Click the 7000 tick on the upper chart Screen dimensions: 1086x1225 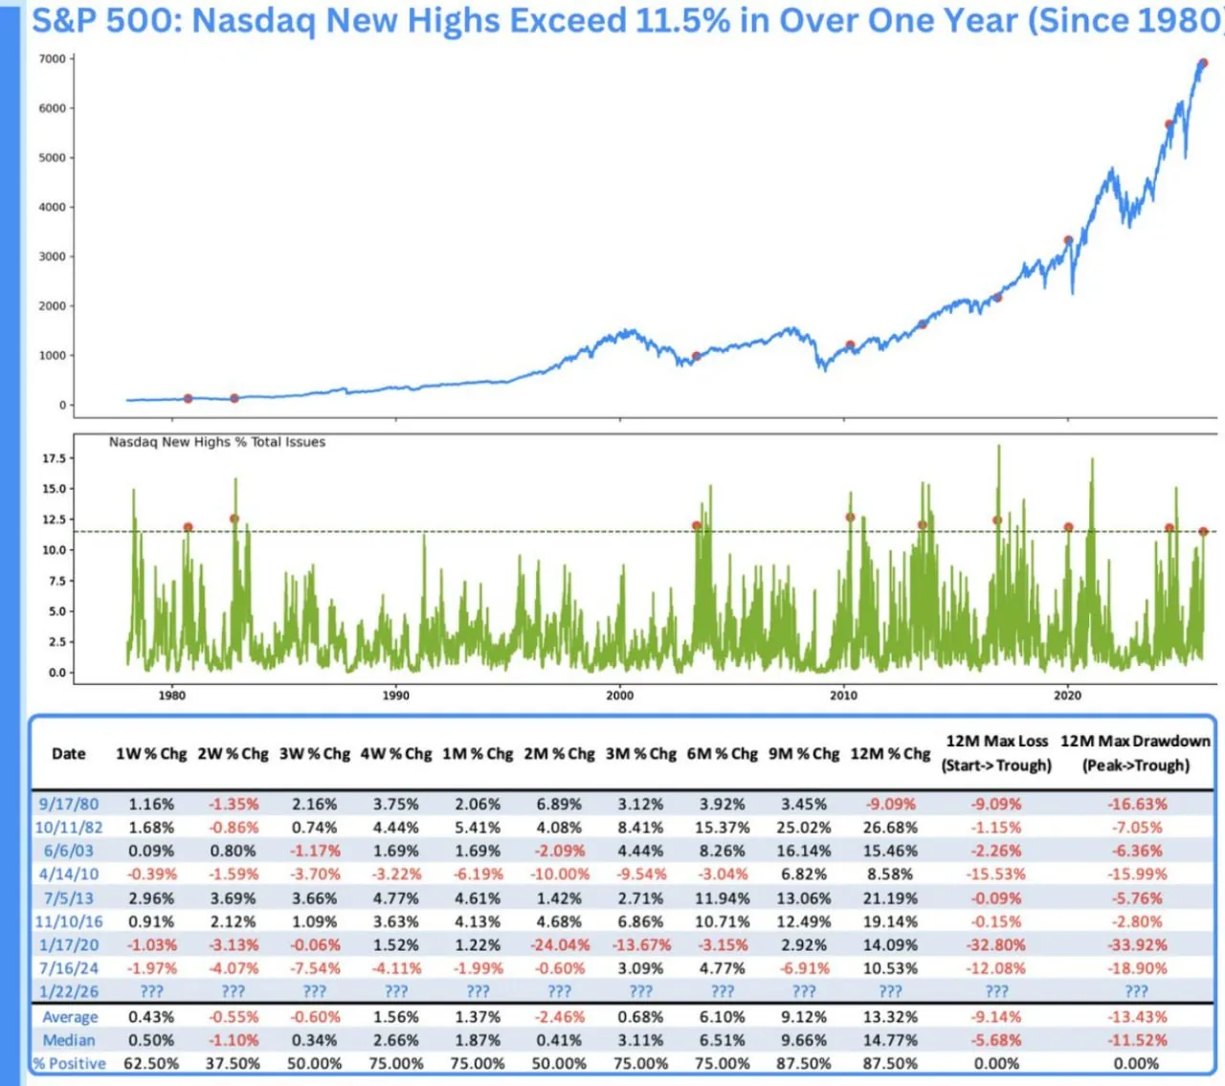pos(52,59)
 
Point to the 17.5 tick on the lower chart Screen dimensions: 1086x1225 pos(54,458)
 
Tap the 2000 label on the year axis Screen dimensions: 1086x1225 pos(619,696)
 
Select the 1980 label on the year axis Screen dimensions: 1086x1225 pos(172,696)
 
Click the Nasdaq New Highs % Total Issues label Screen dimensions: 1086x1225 pos(216,442)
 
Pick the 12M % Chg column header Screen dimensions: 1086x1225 pos(890,754)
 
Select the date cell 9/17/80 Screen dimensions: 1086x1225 pos(69,805)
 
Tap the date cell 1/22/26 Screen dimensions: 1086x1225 pos(69,992)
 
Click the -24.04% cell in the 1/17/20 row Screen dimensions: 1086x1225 pos(559,945)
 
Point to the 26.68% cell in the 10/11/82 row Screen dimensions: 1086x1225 pos(890,828)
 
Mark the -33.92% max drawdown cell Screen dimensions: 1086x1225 pos(1136,945)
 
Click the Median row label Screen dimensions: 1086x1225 pos(69,1041)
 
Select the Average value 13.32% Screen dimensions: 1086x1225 pos(890,1017)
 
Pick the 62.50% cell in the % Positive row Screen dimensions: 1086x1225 pos(151,1064)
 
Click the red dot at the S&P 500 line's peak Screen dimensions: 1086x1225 pos(1203,63)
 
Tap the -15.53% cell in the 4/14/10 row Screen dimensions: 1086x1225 pos(996,875)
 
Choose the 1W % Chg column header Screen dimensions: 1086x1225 pos(151,754)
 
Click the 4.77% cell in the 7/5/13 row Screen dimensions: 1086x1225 pos(396,898)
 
